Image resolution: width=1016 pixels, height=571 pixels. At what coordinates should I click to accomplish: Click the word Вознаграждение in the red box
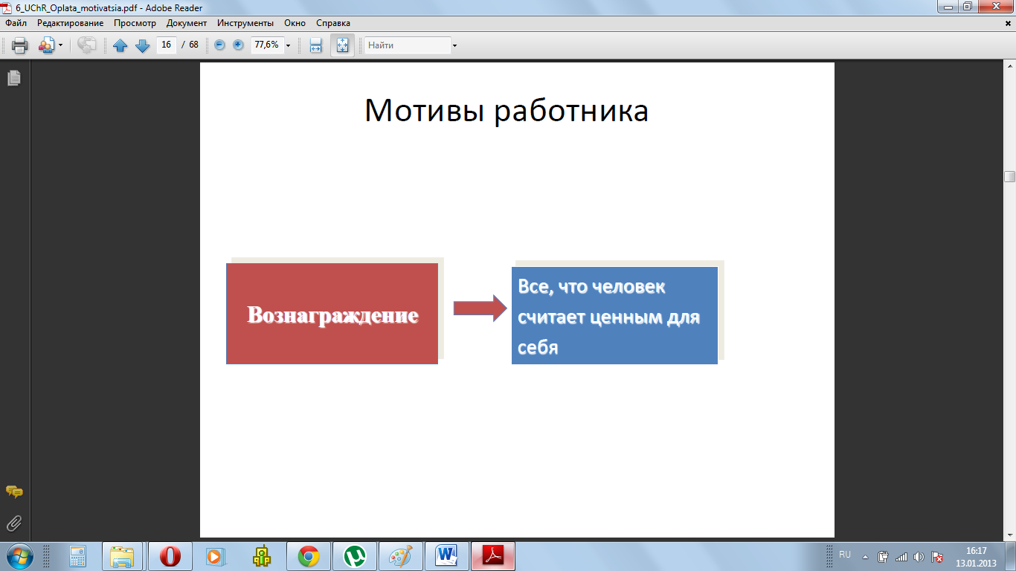[332, 315]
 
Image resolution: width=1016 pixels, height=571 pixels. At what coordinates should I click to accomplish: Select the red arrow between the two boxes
[480, 309]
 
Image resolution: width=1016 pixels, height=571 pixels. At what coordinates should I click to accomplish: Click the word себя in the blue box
[538, 347]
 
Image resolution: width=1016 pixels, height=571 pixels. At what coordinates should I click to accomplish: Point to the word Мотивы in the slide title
[424, 110]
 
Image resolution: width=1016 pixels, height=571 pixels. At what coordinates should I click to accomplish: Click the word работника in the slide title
[571, 112]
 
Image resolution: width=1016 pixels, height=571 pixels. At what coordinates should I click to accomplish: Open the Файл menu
[16, 23]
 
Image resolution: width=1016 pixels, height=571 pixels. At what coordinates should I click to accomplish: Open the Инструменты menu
[245, 23]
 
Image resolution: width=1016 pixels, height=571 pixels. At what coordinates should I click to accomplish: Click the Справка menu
[333, 23]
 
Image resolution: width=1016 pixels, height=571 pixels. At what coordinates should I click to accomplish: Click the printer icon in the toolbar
[19, 45]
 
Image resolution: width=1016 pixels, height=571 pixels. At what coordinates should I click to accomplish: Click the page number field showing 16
[166, 45]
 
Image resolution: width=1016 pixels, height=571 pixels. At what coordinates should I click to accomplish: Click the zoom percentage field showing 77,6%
[268, 45]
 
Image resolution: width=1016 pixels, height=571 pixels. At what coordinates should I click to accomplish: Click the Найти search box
[408, 45]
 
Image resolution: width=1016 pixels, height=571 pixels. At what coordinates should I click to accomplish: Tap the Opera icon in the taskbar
[170, 556]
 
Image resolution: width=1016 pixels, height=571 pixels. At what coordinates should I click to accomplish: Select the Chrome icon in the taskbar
[309, 556]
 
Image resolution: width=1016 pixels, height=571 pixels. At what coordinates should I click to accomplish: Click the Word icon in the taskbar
[446, 555]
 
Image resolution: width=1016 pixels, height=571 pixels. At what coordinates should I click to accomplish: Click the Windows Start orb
[19, 556]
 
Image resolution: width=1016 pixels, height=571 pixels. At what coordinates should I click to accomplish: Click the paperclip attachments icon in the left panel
[14, 523]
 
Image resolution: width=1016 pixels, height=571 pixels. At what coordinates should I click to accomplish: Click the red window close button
[996, 7]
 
